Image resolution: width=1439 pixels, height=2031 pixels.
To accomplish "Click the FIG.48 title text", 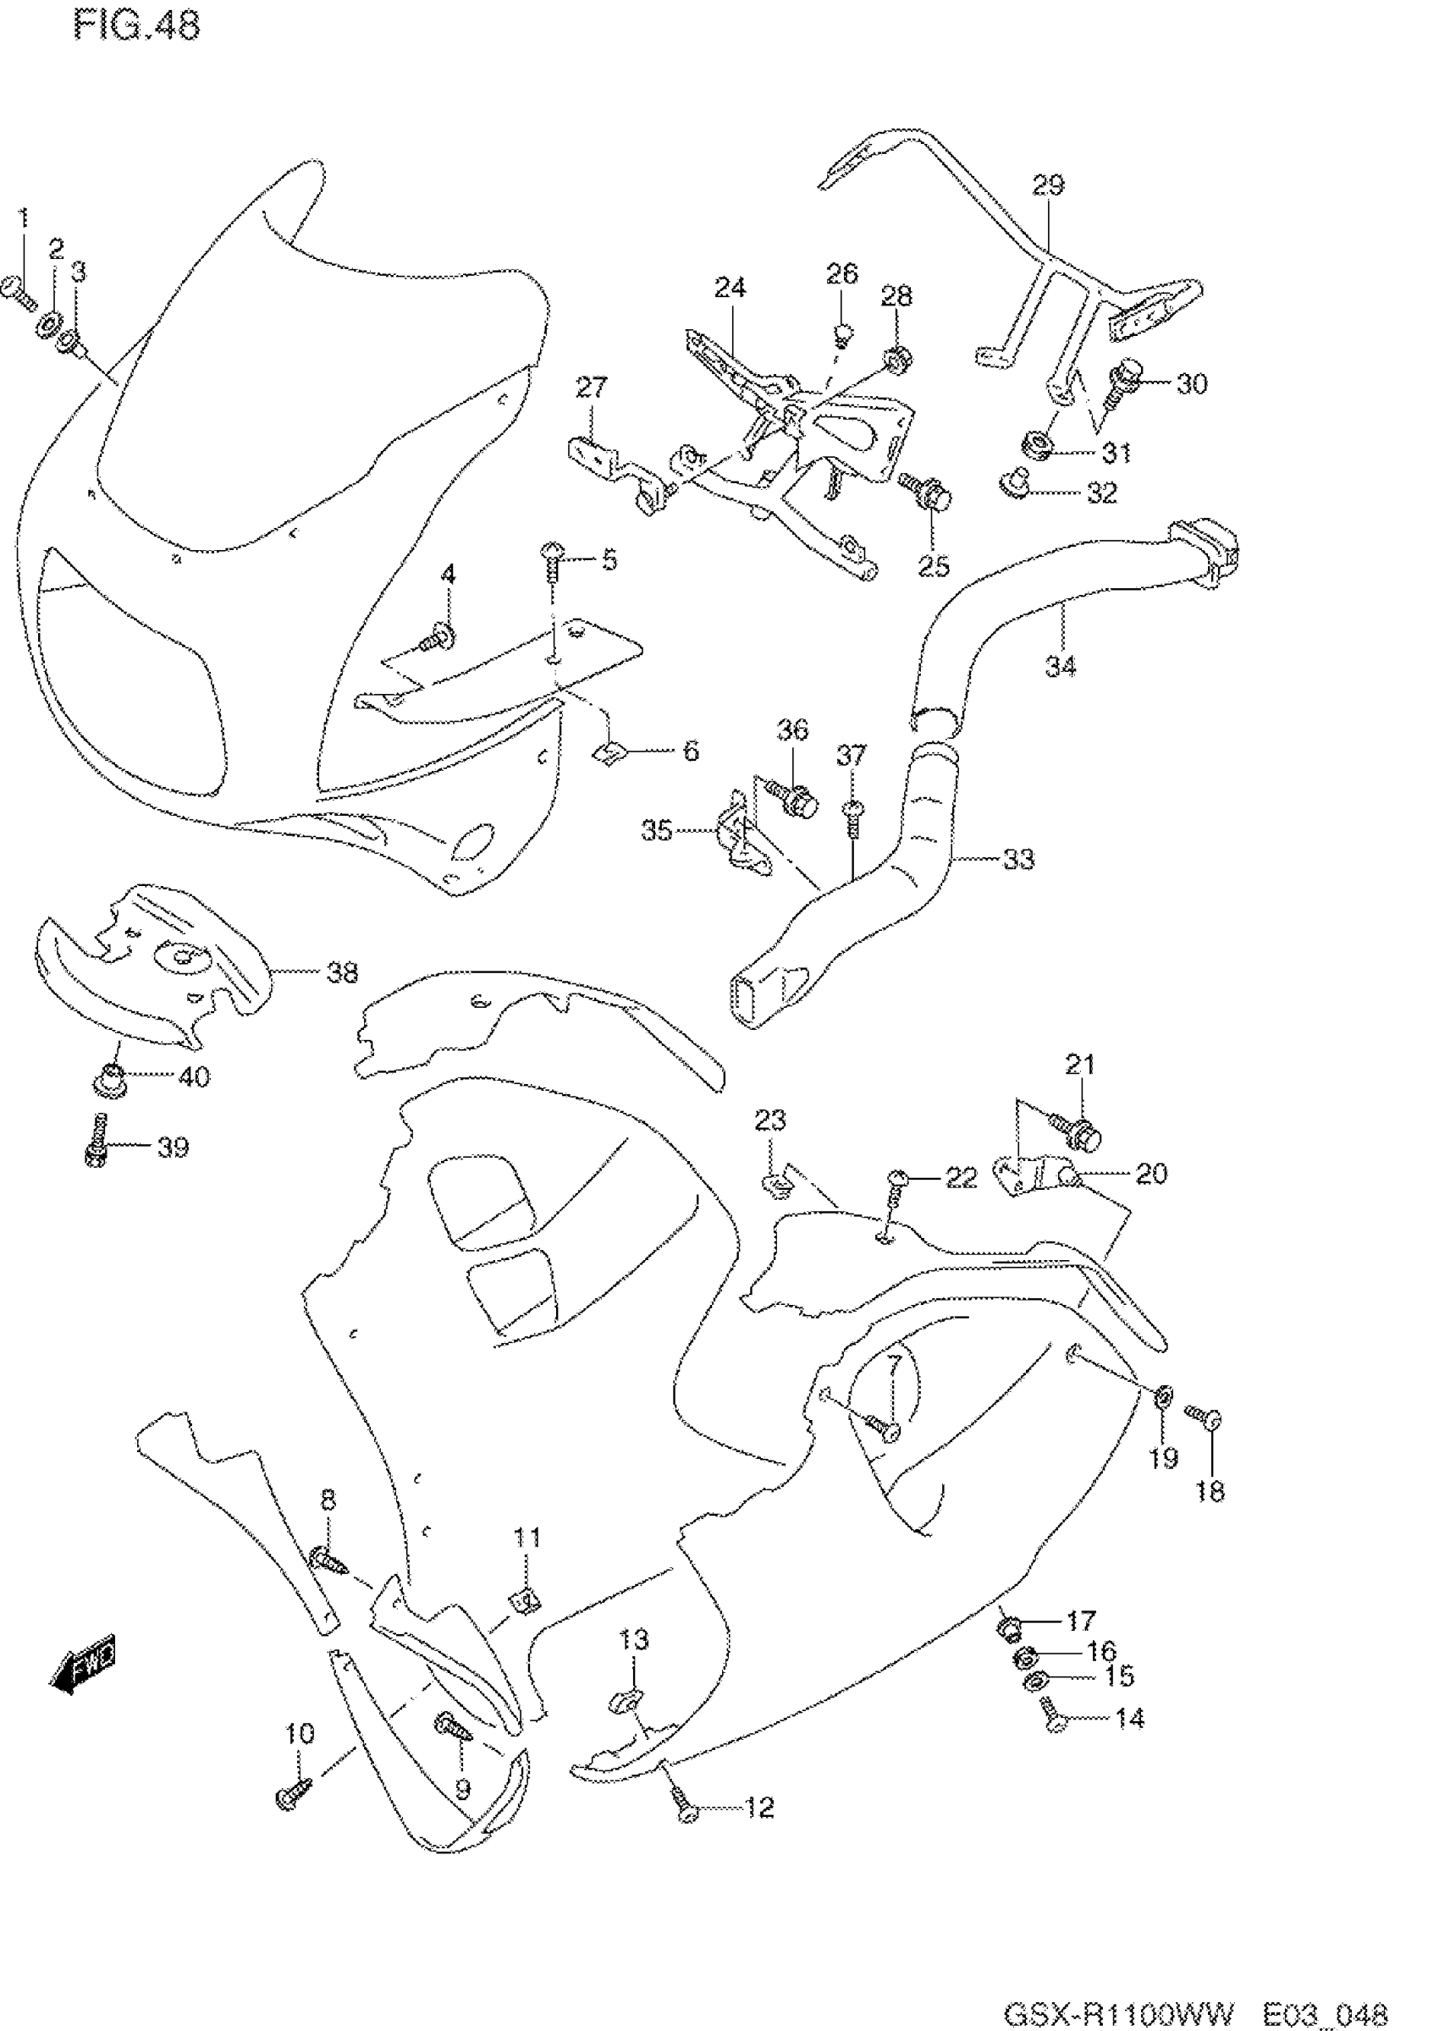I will point(137,25).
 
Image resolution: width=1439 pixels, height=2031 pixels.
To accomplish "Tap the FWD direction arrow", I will point(85,1668).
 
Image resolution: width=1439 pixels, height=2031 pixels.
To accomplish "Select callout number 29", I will point(1048,185).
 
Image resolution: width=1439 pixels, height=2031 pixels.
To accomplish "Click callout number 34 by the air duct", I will point(1061,666).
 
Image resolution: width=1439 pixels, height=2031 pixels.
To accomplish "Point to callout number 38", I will point(342,972).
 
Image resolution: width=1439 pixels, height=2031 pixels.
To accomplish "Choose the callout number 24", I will point(731,288).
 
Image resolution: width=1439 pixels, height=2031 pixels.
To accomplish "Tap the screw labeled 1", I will point(19,291).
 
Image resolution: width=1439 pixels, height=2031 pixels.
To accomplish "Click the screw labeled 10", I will point(295,1795).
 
